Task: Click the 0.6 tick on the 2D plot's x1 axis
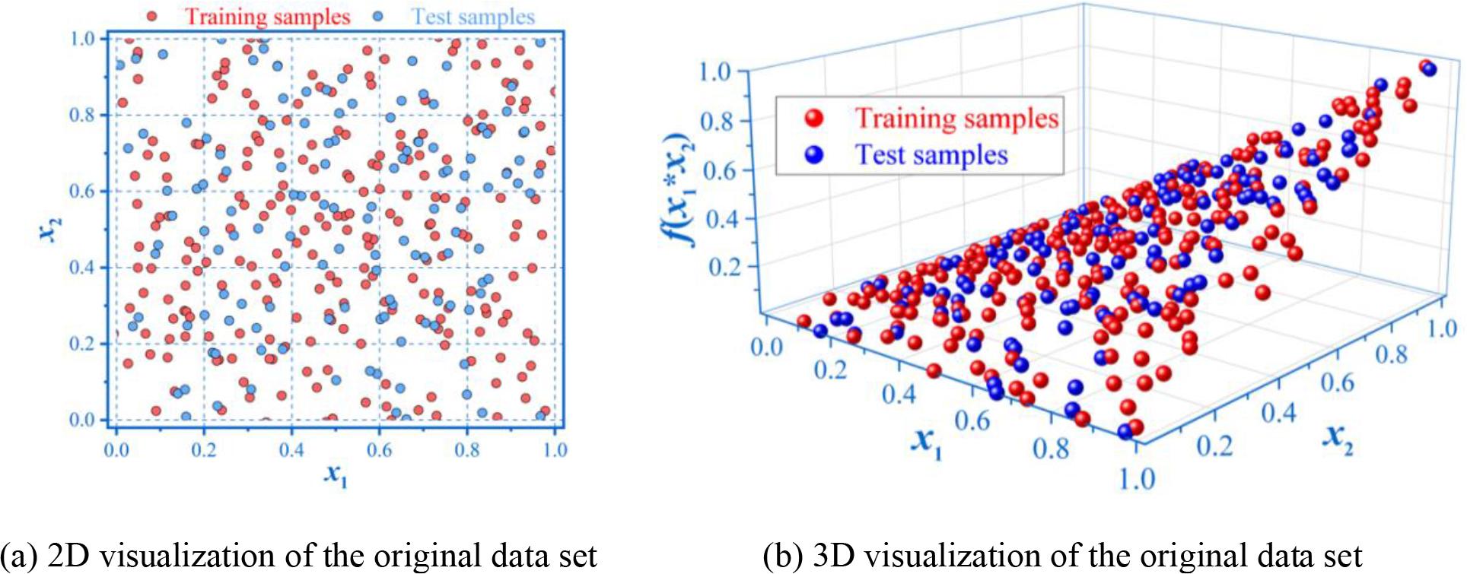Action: click(x=380, y=450)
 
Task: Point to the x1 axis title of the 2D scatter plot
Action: click(x=336, y=475)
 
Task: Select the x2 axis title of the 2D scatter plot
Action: click(x=49, y=228)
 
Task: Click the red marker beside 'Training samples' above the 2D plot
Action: click(x=153, y=16)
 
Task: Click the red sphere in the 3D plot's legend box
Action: click(x=814, y=118)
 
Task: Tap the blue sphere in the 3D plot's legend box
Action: click(x=814, y=155)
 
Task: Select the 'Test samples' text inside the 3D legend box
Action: click(x=931, y=155)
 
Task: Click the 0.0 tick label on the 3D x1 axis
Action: click(x=765, y=347)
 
